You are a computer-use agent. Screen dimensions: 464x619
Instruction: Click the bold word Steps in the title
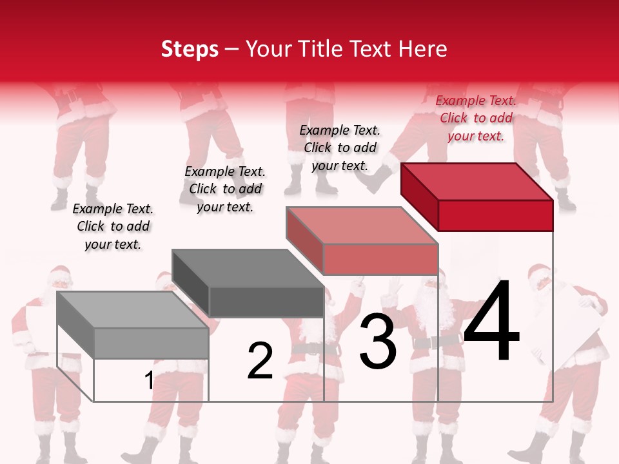[190, 49]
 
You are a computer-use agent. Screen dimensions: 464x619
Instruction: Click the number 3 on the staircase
[378, 342]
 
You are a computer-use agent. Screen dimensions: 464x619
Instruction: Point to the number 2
[260, 361]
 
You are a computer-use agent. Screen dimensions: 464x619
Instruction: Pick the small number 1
[149, 381]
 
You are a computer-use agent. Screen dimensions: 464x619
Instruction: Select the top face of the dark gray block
[248, 267]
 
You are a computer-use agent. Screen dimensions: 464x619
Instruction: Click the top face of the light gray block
[133, 310]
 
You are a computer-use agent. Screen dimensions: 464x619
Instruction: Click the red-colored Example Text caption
[476, 119]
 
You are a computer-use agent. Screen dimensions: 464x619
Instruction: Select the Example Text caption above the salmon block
[340, 148]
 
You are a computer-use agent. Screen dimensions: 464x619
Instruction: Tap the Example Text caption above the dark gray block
[225, 189]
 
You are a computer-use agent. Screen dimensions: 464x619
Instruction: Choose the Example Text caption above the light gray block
[113, 226]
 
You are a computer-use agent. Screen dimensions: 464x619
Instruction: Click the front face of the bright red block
[495, 215]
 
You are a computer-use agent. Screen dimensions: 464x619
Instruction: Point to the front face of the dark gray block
[266, 302]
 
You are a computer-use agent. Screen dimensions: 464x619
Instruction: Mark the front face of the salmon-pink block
[380, 259]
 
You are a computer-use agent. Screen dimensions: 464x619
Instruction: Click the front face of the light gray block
[151, 343]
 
